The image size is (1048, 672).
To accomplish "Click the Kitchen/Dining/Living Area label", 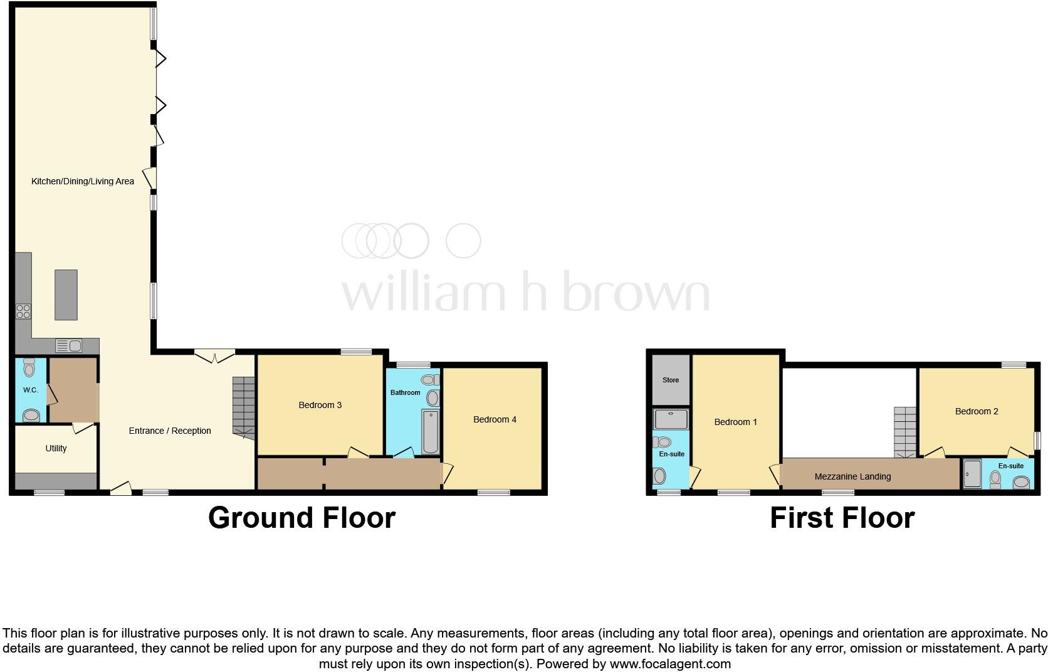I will (x=83, y=181).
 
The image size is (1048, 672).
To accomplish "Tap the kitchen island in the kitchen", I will (x=66, y=295).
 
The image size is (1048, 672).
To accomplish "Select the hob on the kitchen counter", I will (x=23, y=311).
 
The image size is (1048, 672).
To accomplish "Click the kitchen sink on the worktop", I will (x=68, y=345).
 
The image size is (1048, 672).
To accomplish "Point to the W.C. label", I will (x=31, y=390).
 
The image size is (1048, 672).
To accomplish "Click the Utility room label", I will (x=56, y=448).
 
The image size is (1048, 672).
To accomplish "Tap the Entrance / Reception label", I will (x=170, y=431).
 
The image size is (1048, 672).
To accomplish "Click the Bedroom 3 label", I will (x=320, y=405).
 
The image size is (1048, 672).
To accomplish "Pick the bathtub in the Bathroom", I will (x=431, y=431).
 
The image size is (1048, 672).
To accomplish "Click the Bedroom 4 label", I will (x=495, y=419).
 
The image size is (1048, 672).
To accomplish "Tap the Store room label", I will (x=671, y=380).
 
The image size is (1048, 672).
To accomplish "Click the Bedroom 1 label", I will (x=736, y=422).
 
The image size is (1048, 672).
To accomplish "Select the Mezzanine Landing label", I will (x=852, y=476).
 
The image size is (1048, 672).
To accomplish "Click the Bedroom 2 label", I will (x=977, y=411).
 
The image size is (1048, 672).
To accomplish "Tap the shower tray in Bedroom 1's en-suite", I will (x=671, y=419).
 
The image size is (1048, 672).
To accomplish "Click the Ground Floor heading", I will (x=301, y=518).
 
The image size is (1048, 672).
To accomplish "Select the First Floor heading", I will (x=842, y=518).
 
